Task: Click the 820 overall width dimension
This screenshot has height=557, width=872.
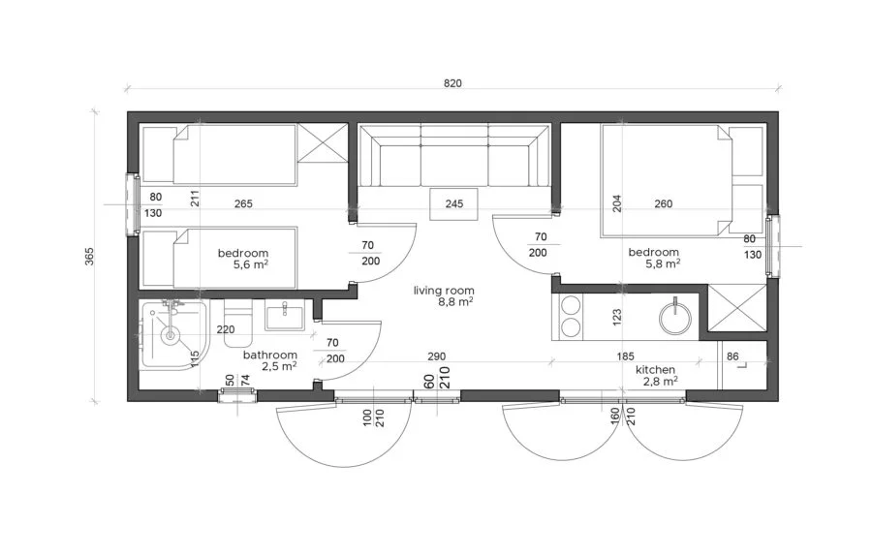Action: [x=452, y=83]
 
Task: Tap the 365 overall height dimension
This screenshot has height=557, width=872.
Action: [x=89, y=257]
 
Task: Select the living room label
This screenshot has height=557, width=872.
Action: [x=444, y=291]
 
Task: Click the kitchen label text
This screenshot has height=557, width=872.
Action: [x=656, y=370]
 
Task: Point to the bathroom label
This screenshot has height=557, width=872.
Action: [x=270, y=355]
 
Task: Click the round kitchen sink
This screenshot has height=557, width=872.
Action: [x=675, y=318]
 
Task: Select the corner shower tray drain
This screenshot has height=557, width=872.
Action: [x=171, y=334]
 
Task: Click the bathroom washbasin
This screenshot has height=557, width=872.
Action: [x=284, y=315]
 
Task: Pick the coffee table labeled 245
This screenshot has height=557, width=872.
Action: [x=453, y=203]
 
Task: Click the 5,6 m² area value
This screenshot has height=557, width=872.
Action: [x=251, y=264]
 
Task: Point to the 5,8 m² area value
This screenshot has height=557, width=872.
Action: [x=663, y=263]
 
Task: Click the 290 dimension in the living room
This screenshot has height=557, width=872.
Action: [x=437, y=356]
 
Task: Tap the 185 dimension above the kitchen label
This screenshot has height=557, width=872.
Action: [x=625, y=356]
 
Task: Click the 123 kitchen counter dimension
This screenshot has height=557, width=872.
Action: [x=616, y=318]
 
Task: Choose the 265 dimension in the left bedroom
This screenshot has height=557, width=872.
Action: [x=243, y=204]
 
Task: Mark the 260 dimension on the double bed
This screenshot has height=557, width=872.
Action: [x=664, y=204]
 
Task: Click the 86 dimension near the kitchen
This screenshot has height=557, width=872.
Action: [x=732, y=356]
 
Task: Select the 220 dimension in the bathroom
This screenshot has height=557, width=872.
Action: [x=225, y=329]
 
